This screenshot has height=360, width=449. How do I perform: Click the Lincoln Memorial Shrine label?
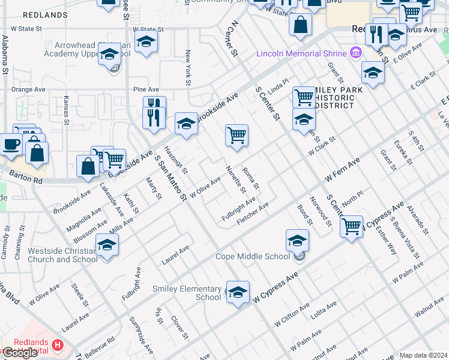303,53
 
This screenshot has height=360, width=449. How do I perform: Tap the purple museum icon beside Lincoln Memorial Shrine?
357,53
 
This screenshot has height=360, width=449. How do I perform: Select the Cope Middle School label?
253,257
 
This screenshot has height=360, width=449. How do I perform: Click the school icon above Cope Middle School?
297,241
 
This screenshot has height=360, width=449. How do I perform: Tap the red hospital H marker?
58,345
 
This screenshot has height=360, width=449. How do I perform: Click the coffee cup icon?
11,145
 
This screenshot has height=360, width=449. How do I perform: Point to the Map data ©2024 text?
423,355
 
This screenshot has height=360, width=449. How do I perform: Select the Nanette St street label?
235,179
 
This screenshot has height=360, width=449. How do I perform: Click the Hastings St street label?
176,160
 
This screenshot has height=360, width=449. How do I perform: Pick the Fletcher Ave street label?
253,214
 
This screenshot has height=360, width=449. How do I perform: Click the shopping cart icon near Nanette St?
237,135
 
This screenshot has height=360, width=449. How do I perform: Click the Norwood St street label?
321,212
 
